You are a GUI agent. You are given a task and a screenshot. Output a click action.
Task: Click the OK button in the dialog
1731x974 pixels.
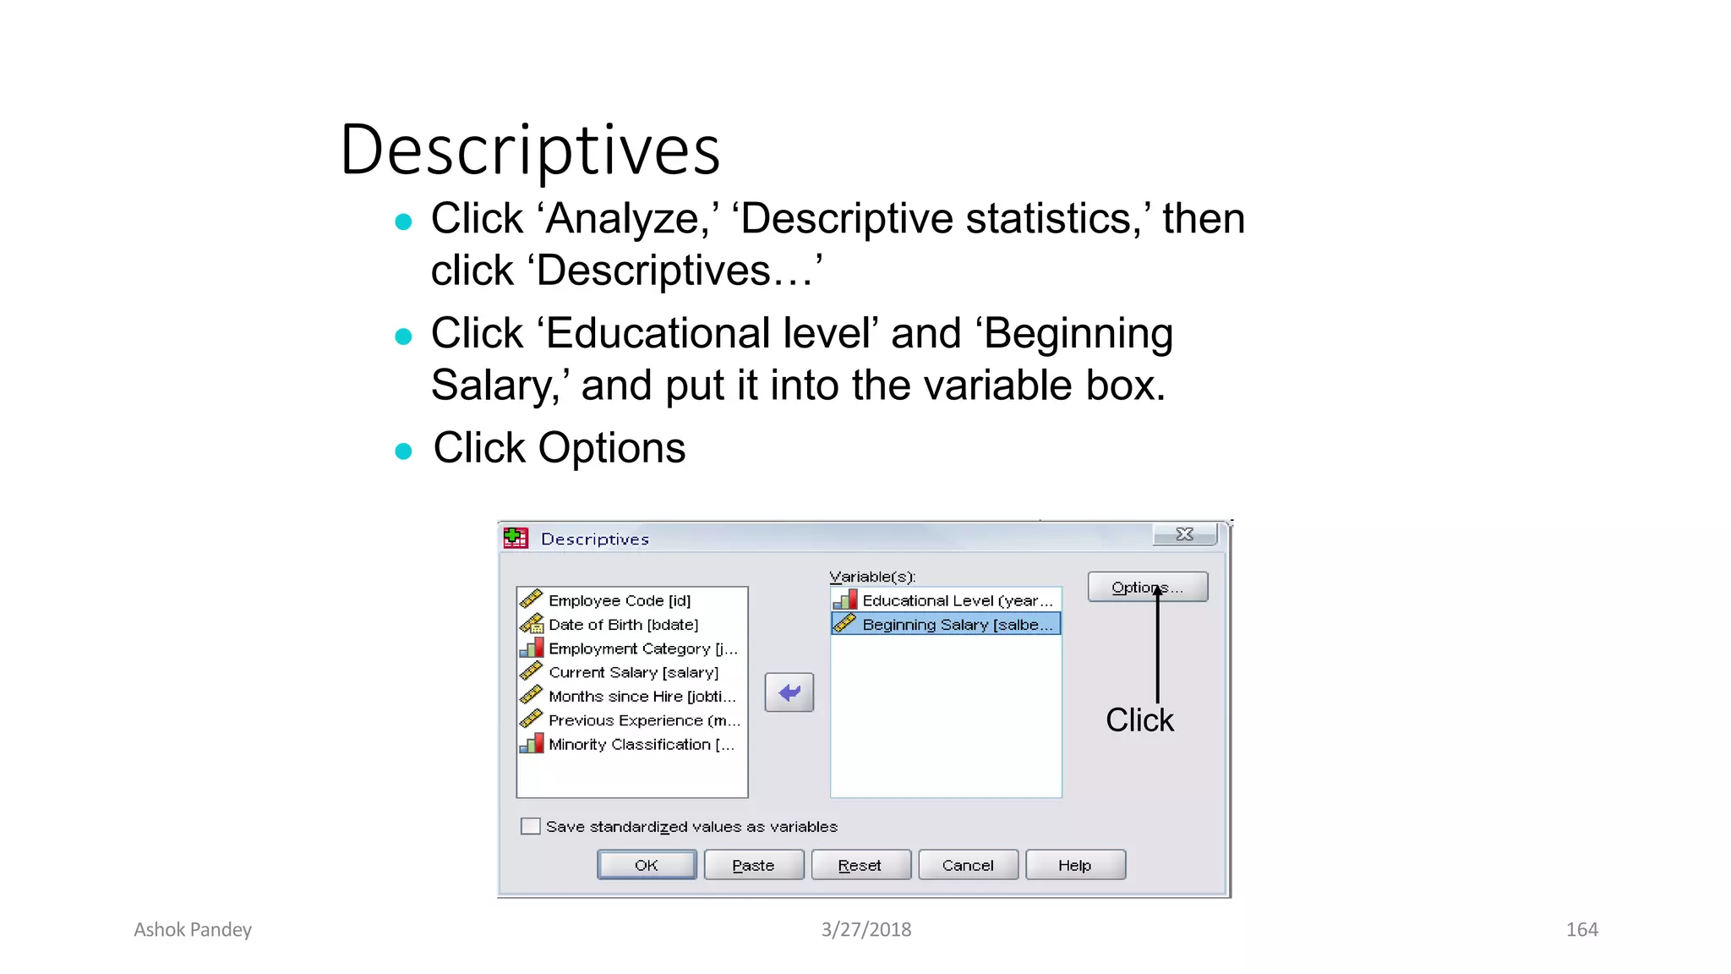tap(647, 865)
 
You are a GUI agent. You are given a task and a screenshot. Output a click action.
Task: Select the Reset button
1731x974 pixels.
tap(860, 865)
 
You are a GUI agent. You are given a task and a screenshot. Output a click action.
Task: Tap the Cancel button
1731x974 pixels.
tap(968, 865)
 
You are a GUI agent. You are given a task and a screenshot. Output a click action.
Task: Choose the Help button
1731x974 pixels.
tap(1075, 865)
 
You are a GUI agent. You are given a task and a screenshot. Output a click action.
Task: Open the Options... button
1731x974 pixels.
tap(1147, 587)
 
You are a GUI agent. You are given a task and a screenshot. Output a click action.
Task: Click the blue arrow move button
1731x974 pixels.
tap(789, 692)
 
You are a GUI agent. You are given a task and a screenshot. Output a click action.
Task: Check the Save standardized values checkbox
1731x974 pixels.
tap(531, 826)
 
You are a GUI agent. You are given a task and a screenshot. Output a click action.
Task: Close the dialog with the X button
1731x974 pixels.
tap(1185, 534)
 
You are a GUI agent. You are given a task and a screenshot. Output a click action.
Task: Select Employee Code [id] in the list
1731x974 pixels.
tap(619, 600)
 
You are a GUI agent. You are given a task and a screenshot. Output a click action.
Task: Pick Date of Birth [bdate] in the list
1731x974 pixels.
tap(623, 625)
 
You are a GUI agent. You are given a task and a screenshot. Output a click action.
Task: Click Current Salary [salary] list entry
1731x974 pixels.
tap(633, 672)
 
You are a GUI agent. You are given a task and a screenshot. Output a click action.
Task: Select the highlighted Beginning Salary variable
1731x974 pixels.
tap(956, 625)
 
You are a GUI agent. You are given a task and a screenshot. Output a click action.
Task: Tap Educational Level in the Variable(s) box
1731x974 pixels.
tap(956, 600)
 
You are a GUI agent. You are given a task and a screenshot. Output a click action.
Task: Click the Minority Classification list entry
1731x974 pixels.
tap(641, 744)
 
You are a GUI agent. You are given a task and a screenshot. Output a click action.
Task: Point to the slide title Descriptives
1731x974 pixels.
tap(530, 150)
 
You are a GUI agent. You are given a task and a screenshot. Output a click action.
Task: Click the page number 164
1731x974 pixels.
tap(1581, 930)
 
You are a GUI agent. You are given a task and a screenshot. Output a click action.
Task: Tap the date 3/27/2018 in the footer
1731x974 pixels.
tap(866, 930)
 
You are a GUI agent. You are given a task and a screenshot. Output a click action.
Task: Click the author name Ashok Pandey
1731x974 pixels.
tap(193, 930)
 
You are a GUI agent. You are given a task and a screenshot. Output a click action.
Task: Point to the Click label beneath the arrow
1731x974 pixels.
tap(1139, 720)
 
